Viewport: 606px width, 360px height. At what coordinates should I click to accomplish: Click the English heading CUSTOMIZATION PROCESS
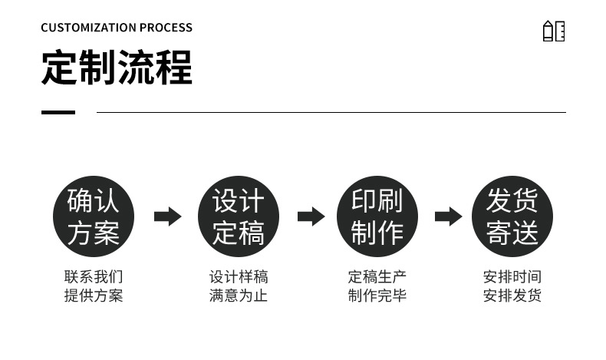[117, 28]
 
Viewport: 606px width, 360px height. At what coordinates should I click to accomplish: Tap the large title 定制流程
[117, 68]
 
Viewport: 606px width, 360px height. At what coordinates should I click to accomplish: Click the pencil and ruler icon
[553, 31]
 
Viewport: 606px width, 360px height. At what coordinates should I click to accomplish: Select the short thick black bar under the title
[58, 112]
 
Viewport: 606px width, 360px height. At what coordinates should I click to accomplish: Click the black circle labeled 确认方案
[93, 216]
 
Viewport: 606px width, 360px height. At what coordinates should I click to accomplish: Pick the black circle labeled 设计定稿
[239, 216]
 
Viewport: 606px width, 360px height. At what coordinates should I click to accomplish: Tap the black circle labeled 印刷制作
[377, 216]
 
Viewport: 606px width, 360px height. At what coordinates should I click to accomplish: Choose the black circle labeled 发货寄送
[512, 216]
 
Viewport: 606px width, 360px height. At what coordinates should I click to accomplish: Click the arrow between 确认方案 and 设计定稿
[167, 216]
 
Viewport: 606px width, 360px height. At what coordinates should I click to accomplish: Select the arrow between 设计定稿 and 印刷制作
[311, 216]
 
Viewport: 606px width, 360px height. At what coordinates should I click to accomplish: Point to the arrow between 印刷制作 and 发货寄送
[448, 216]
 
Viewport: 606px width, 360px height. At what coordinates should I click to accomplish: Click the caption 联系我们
[93, 277]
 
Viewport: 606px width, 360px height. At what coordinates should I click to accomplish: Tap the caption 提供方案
[93, 296]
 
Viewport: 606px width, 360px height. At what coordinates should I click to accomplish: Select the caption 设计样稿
[239, 277]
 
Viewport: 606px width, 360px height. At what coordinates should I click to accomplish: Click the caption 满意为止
[239, 296]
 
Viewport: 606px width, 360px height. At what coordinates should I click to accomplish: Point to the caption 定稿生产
[377, 277]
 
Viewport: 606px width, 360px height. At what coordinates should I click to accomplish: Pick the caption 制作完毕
[377, 296]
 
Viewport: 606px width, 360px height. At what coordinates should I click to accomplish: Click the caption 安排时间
[512, 277]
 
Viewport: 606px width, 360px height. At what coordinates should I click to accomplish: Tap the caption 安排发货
[512, 296]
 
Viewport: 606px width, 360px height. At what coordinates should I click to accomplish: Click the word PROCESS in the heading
[166, 28]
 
